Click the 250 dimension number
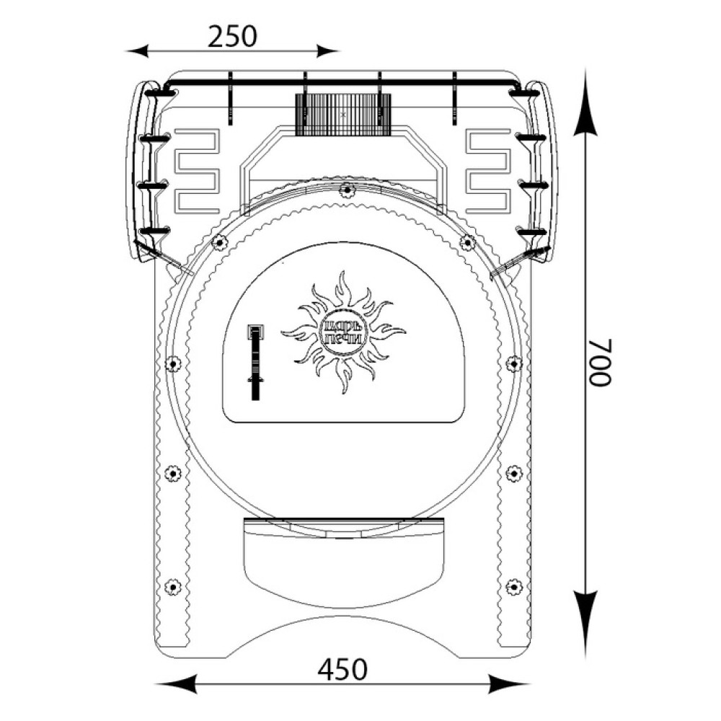click(x=231, y=36)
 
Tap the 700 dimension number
click(x=600, y=363)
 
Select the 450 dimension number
click(x=342, y=670)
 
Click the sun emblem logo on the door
click(x=343, y=332)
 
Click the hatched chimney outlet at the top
click(x=342, y=115)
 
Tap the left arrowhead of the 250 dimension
click(x=137, y=50)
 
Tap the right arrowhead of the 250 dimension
click(x=327, y=50)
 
